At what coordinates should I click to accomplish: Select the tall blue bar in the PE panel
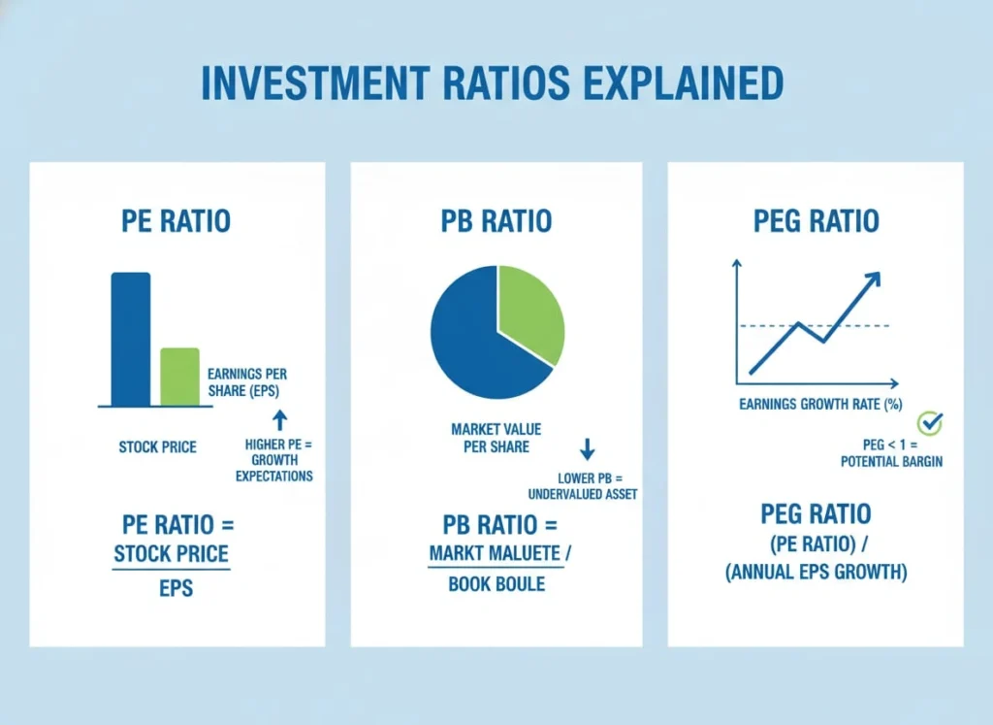coord(131,339)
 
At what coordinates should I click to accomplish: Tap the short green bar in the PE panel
coord(179,376)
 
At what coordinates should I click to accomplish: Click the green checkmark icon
coord(930,423)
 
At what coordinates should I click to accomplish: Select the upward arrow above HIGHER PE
coord(279,419)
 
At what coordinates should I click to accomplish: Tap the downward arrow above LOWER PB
coord(587,449)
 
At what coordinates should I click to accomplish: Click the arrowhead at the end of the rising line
coord(872,280)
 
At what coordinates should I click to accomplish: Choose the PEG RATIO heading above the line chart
coord(816,220)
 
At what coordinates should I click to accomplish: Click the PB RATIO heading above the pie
coord(496,220)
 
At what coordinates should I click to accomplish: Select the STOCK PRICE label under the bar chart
coord(157,447)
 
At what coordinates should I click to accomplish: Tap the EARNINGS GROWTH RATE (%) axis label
coord(820,404)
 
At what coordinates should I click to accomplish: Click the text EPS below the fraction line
coord(176,587)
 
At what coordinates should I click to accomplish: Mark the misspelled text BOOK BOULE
coord(496,584)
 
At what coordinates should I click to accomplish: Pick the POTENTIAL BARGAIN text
coord(891,462)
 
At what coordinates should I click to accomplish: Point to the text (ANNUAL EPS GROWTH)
coord(816,573)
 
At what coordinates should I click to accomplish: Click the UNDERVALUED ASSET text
coord(582,494)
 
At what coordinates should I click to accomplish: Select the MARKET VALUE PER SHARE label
coord(496,437)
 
